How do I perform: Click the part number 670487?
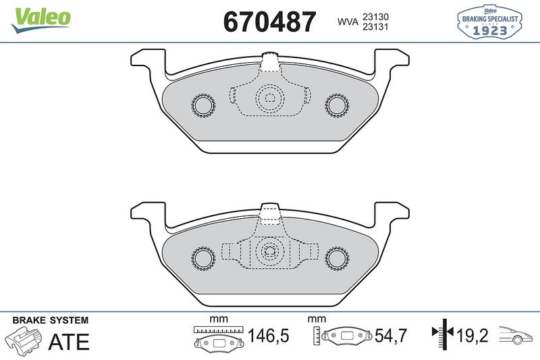point(269,22)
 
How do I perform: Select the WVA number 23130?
point(377,16)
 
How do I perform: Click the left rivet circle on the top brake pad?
point(202,104)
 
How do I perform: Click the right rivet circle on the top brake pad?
point(335,104)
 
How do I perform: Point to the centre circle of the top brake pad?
point(269,99)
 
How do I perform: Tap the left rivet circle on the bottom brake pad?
point(202,257)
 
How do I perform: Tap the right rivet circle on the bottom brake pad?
point(335,257)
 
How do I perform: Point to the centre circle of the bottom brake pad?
point(269,253)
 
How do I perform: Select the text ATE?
point(70,342)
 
